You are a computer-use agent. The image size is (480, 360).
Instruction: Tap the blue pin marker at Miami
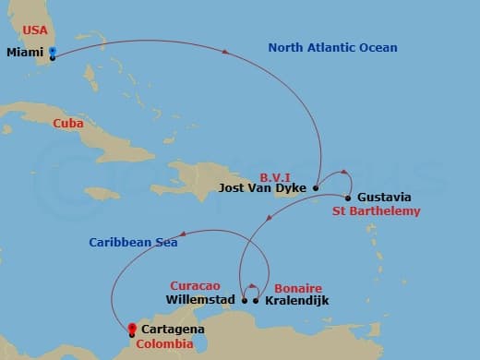point(53,54)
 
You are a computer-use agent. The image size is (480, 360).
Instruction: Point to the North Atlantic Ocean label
point(332,47)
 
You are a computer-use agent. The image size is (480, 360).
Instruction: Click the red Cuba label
point(69,123)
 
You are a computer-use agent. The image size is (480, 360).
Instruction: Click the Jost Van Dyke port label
point(263,188)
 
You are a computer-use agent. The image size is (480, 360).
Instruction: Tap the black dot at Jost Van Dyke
point(316,187)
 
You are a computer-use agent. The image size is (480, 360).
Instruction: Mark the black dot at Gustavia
point(347,198)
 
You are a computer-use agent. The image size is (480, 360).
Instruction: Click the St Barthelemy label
point(377,211)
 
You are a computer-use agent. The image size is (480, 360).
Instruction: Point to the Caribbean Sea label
point(134,243)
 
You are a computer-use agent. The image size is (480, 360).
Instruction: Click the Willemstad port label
point(200,300)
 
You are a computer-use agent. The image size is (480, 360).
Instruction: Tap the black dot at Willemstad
point(244,299)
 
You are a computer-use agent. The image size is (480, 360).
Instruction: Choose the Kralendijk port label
point(296,300)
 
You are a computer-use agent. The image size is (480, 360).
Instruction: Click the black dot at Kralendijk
point(256,299)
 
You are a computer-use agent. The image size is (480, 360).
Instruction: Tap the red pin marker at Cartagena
point(132,330)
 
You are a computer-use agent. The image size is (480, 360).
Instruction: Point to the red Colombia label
point(164,344)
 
